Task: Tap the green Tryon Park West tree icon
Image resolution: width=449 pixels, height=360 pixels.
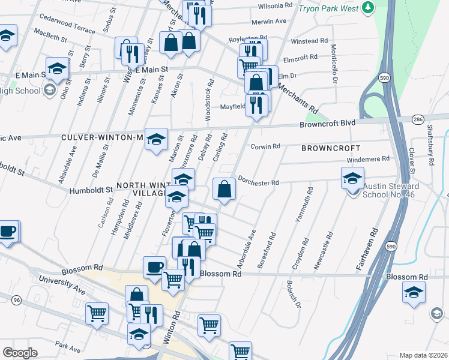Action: (367, 8)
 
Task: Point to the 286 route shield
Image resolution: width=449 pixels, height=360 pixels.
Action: (418, 120)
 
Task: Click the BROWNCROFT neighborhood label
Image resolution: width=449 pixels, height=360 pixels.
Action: (331, 148)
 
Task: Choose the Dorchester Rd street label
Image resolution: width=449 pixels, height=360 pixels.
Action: (259, 180)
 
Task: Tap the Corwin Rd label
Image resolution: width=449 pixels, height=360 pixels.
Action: (265, 146)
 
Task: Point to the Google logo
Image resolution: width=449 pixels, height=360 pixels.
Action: (20, 353)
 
